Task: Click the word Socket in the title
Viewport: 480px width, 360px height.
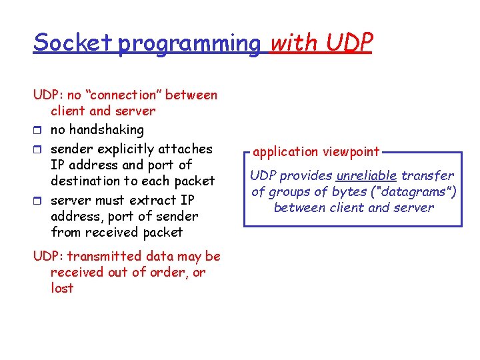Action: coord(73,43)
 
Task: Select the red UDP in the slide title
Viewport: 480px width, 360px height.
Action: coord(349,43)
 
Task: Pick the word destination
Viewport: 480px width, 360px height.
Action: coord(89,181)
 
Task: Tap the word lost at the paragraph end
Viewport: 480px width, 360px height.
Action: coord(62,289)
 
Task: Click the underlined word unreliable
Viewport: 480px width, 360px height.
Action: coord(367,176)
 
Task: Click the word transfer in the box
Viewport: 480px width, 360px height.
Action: coord(427,176)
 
